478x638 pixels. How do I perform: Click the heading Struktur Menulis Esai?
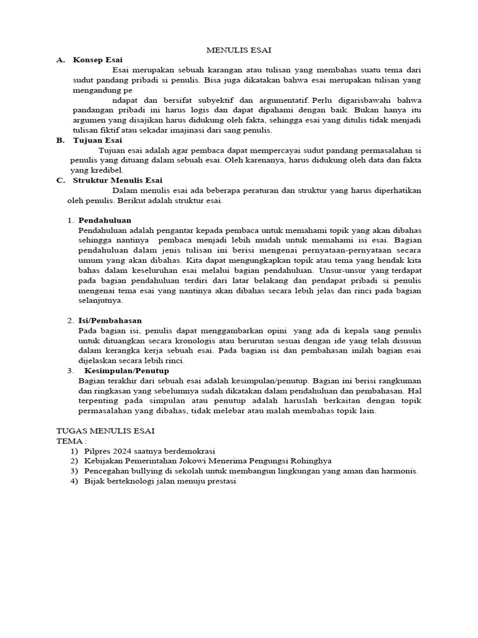(x=118, y=180)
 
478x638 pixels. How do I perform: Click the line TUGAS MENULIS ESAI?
(x=105, y=431)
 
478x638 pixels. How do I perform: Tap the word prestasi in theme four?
(x=219, y=481)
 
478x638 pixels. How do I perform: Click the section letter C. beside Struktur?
(x=60, y=180)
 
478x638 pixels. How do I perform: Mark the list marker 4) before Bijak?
(x=74, y=481)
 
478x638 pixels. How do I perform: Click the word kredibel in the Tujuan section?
(x=106, y=170)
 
